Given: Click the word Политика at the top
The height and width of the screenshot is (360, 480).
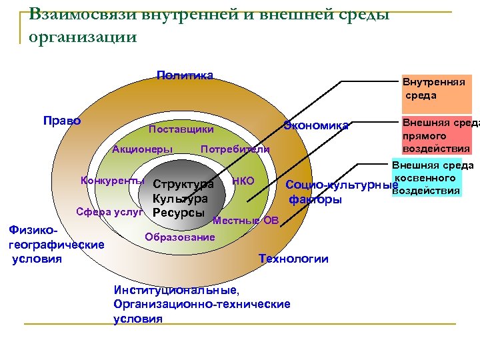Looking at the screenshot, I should pyautogui.click(x=185, y=75).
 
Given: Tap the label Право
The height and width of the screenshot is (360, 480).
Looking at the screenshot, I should pyautogui.click(x=61, y=121).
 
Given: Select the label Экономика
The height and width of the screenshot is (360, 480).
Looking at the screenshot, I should pyautogui.click(x=316, y=125).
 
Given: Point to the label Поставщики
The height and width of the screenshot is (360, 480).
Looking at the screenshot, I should pyautogui.click(x=181, y=129).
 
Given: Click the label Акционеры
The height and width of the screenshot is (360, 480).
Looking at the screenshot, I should pyautogui.click(x=142, y=149).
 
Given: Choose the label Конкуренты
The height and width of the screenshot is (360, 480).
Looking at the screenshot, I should pyautogui.click(x=112, y=180).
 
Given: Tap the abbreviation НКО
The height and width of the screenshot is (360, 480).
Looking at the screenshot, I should pyautogui.click(x=243, y=180).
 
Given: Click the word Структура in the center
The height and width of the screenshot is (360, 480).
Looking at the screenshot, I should pyautogui.click(x=183, y=184).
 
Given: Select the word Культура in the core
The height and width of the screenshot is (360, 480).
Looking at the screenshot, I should pyautogui.click(x=179, y=199).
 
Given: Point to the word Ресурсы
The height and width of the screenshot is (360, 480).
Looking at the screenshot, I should pyautogui.click(x=178, y=213).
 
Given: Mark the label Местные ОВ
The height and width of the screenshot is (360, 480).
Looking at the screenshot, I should pyautogui.click(x=245, y=221).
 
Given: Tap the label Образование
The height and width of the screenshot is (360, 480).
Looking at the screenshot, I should pyautogui.click(x=179, y=237).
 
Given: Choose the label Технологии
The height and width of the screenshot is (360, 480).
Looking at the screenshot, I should pyautogui.click(x=293, y=259).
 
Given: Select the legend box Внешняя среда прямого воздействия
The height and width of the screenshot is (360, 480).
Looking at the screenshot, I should pyautogui.click(x=435, y=135).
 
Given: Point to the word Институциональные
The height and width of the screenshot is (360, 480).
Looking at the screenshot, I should pyautogui.click(x=176, y=291).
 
